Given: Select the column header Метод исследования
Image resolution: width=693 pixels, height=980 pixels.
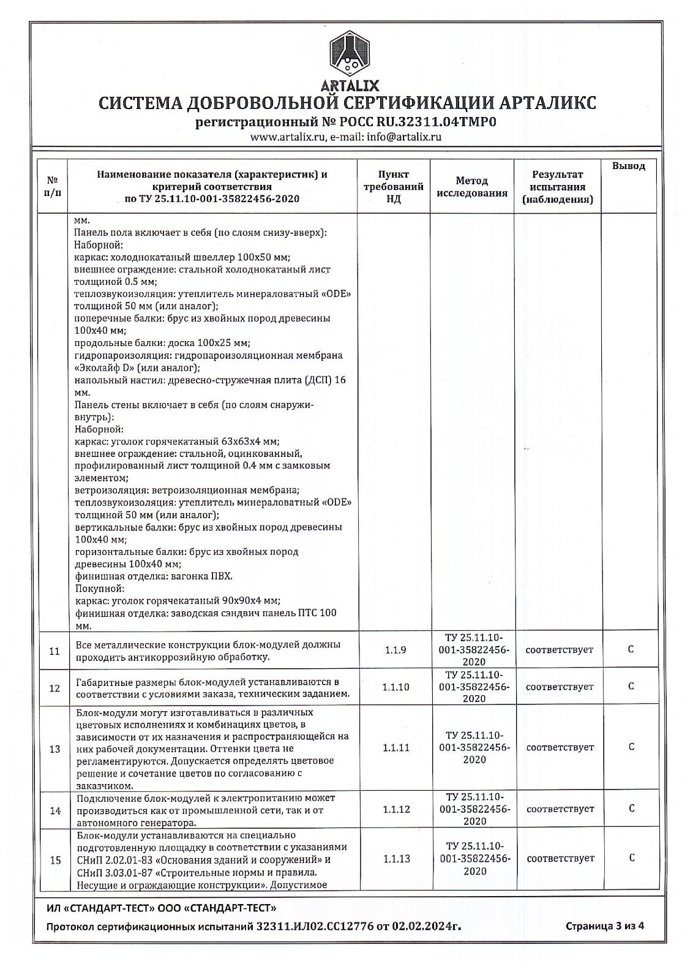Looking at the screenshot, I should coord(472,187).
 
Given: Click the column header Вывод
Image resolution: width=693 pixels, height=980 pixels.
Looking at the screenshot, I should coord(629,167).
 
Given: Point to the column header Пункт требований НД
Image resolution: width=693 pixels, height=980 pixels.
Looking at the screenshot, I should coord(394,187).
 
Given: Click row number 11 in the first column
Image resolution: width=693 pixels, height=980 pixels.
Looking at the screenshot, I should coord(54,651).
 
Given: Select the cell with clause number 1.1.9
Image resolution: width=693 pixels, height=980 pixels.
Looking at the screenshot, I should coord(395,650).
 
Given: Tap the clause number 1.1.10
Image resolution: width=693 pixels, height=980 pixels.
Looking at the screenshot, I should coord(395,687).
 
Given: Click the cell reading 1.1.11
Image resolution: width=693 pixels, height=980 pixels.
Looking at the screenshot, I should coord(395,748).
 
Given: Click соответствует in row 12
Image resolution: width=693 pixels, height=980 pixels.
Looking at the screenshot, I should coord(560,687).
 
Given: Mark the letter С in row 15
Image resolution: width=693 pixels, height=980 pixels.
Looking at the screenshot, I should coord(631,858).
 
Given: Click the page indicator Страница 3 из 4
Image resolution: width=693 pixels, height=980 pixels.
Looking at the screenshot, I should coord(604,943).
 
